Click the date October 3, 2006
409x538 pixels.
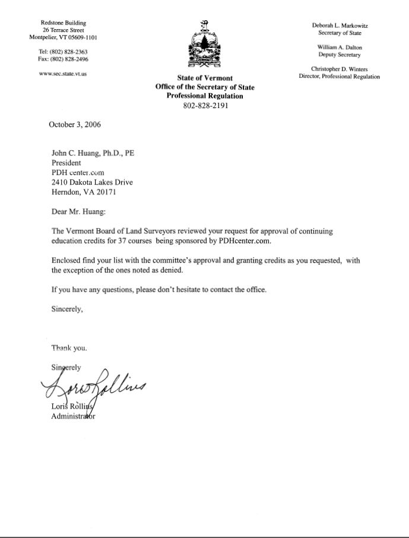(x=75, y=125)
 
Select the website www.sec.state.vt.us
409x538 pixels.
(x=62, y=74)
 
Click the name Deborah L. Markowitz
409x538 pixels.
(x=340, y=26)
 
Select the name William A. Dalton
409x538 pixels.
(x=340, y=47)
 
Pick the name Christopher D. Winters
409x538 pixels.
(x=340, y=69)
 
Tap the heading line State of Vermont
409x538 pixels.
(x=205, y=78)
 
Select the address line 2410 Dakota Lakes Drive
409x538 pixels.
(x=92, y=182)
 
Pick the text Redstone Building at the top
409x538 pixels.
(x=63, y=23)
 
